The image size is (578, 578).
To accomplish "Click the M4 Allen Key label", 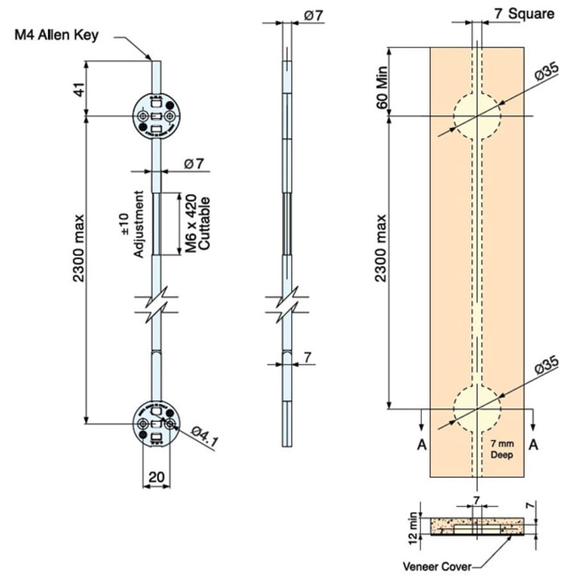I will click(57, 35).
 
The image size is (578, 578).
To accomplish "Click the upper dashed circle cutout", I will click(477, 116).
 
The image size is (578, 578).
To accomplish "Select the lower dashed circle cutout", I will click(477, 408).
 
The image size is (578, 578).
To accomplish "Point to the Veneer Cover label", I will click(437, 566).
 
